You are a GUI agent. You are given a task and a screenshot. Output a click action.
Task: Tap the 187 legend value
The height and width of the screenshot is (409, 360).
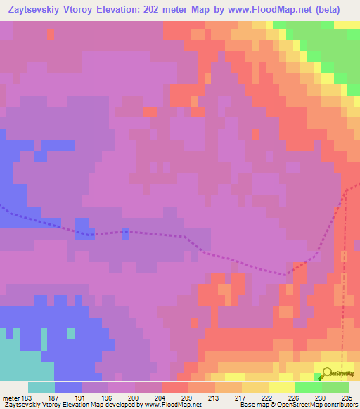click(x=53, y=396)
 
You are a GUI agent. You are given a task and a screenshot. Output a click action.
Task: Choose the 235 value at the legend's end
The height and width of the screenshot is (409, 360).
click(x=345, y=396)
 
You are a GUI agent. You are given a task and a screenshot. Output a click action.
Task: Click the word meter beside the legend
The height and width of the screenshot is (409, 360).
click(x=9, y=396)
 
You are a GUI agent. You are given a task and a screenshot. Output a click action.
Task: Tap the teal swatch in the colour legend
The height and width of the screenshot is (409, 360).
click(x=41, y=387)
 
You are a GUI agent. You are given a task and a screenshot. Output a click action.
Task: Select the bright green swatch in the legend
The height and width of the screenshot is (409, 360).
click(x=308, y=387)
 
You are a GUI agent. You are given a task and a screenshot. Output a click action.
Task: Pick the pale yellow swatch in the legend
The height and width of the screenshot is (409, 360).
click(x=281, y=387)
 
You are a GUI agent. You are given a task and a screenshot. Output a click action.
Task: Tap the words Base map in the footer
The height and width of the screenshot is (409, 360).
click(x=252, y=405)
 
